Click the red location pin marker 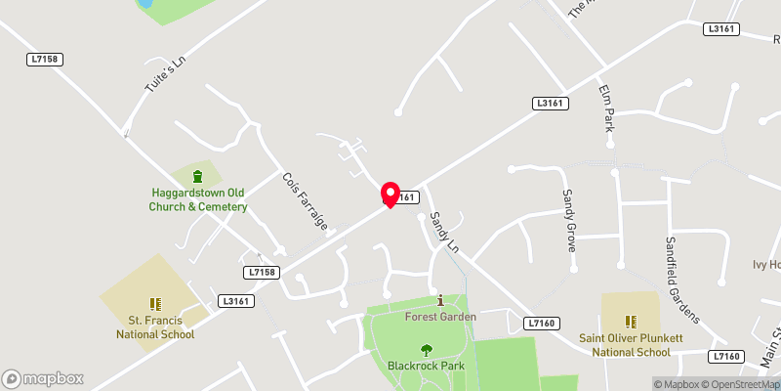[x=390, y=194]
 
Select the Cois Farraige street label [x=304, y=200]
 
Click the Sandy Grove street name [x=566, y=221]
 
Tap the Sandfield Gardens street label [x=682, y=280]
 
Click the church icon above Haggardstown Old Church [x=198, y=177]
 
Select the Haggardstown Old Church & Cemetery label [x=198, y=199]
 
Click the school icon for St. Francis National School [x=154, y=304]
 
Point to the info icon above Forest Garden [x=440, y=300]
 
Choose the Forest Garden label [x=440, y=317]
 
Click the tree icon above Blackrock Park [x=426, y=349]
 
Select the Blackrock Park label [x=426, y=366]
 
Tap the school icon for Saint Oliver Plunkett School [x=632, y=321]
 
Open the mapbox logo [x=43, y=378]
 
